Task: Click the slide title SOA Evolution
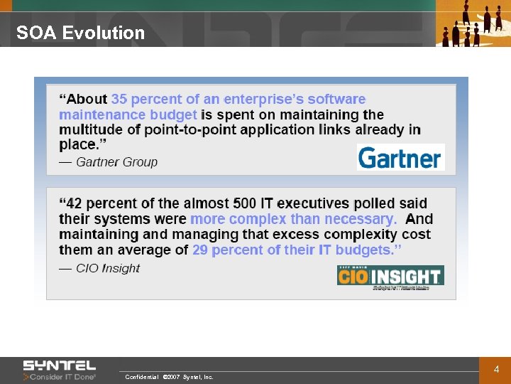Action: pyautogui.click(x=80, y=33)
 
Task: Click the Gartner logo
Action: pyautogui.click(x=400, y=157)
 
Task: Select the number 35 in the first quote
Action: pyautogui.click(x=119, y=100)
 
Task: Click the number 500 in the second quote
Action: pyautogui.click(x=245, y=204)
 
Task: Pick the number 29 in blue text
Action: pyautogui.click(x=200, y=250)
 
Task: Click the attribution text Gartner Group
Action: pyautogui.click(x=116, y=162)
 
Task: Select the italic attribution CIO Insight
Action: pyautogui.click(x=108, y=268)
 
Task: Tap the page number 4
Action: pyautogui.click(x=497, y=369)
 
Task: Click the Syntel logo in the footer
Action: pyautogui.click(x=59, y=366)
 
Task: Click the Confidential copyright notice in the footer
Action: pyautogui.click(x=169, y=377)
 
